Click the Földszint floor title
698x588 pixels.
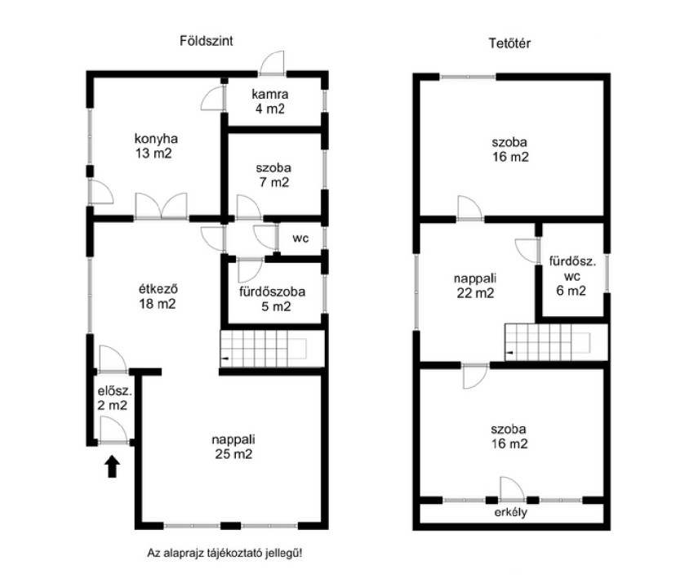pyautogui.click(x=206, y=41)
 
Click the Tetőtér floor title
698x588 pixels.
pyautogui.click(x=509, y=43)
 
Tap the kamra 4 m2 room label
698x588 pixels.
pyautogui.click(x=270, y=101)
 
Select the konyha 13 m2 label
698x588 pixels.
pyautogui.click(x=156, y=145)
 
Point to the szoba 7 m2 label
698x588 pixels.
pyautogui.click(x=273, y=175)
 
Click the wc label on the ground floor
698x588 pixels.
pyautogui.click(x=300, y=238)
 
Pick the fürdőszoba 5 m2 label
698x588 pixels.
pyautogui.click(x=273, y=299)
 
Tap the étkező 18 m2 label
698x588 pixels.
pyautogui.click(x=158, y=296)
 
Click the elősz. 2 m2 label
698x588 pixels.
pyautogui.click(x=114, y=398)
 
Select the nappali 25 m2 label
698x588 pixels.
pyautogui.click(x=233, y=447)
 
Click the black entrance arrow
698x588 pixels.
pyautogui.click(x=112, y=466)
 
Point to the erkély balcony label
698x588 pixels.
pyautogui.click(x=510, y=512)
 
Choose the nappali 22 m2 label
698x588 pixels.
pyautogui.click(x=475, y=286)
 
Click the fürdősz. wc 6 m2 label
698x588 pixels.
pyautogui.click(x=572, y=276)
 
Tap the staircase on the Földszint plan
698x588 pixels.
pyautogui.click(x=273, y=349)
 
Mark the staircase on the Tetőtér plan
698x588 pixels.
pyautogui.click(x=557, y=342)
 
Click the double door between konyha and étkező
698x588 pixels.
pyautogui.click(x=161, y=206)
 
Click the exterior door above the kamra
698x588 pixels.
pyautogui.click(x=272, y=63)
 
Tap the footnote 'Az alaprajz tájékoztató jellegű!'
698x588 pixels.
pyautogui.click(x=225, y=554)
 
